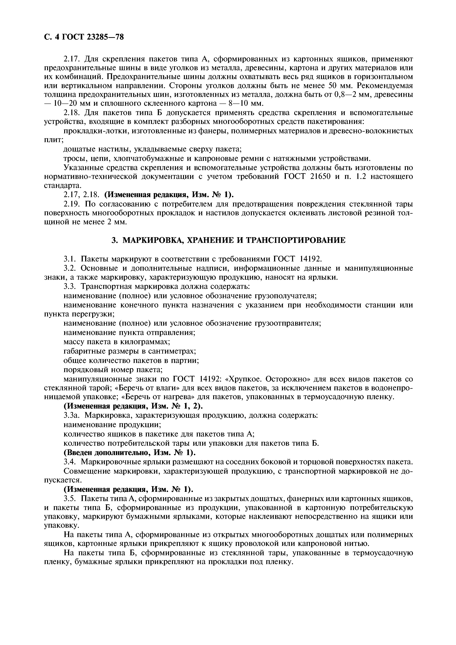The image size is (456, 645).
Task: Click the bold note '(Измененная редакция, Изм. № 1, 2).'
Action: click(x=133, y=406)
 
